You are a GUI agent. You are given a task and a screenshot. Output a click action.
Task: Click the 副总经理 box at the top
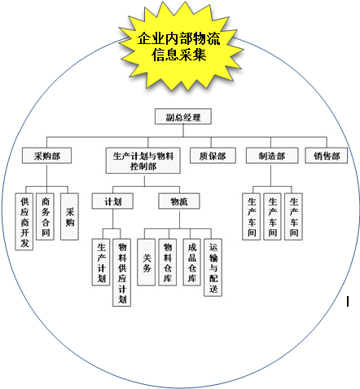(183, 117)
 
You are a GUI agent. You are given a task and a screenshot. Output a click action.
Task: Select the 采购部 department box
(46, 156)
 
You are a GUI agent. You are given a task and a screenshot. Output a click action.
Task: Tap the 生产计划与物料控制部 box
(143, 161)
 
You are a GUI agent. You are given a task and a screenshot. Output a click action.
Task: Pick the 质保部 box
(213, 156)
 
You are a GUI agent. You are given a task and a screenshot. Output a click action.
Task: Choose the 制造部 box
(272, 156)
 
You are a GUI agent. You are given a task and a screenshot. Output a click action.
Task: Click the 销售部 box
(327, 156)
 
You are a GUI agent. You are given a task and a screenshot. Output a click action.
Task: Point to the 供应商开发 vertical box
(24, 222)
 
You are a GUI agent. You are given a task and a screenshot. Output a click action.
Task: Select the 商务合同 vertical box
(45, 217)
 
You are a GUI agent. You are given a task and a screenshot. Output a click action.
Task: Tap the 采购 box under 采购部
(69, 217)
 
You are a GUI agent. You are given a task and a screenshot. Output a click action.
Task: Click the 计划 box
(112, 201)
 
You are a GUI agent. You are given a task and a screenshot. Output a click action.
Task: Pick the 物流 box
(179, 201)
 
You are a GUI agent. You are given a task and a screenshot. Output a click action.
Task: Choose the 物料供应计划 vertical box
(122, 272)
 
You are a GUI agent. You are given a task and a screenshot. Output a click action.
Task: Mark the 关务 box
(147, 263)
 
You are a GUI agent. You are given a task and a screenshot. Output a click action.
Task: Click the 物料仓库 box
(168, 263)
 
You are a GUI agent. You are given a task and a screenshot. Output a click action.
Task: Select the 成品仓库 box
(192, 263)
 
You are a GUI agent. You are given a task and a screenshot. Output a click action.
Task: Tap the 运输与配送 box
(213, 267)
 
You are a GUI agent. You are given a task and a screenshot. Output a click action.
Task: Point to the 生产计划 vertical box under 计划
(101, 263)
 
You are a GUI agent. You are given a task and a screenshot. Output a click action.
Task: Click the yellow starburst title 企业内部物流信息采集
(179, 46)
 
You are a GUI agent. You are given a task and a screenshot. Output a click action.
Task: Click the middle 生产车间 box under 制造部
(273, 217)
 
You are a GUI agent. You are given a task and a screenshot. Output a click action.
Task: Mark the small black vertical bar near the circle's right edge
(348, 302)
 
